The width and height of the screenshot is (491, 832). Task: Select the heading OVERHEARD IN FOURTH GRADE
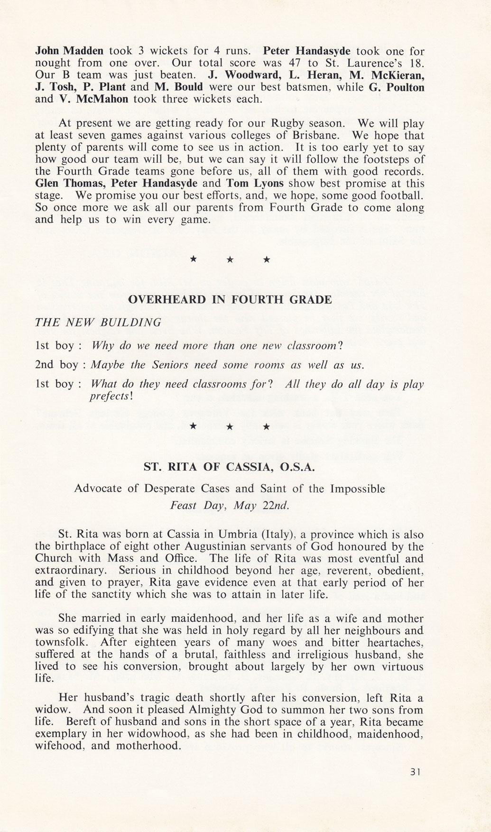(230, 300)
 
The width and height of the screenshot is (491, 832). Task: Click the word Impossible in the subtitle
(356, 489)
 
